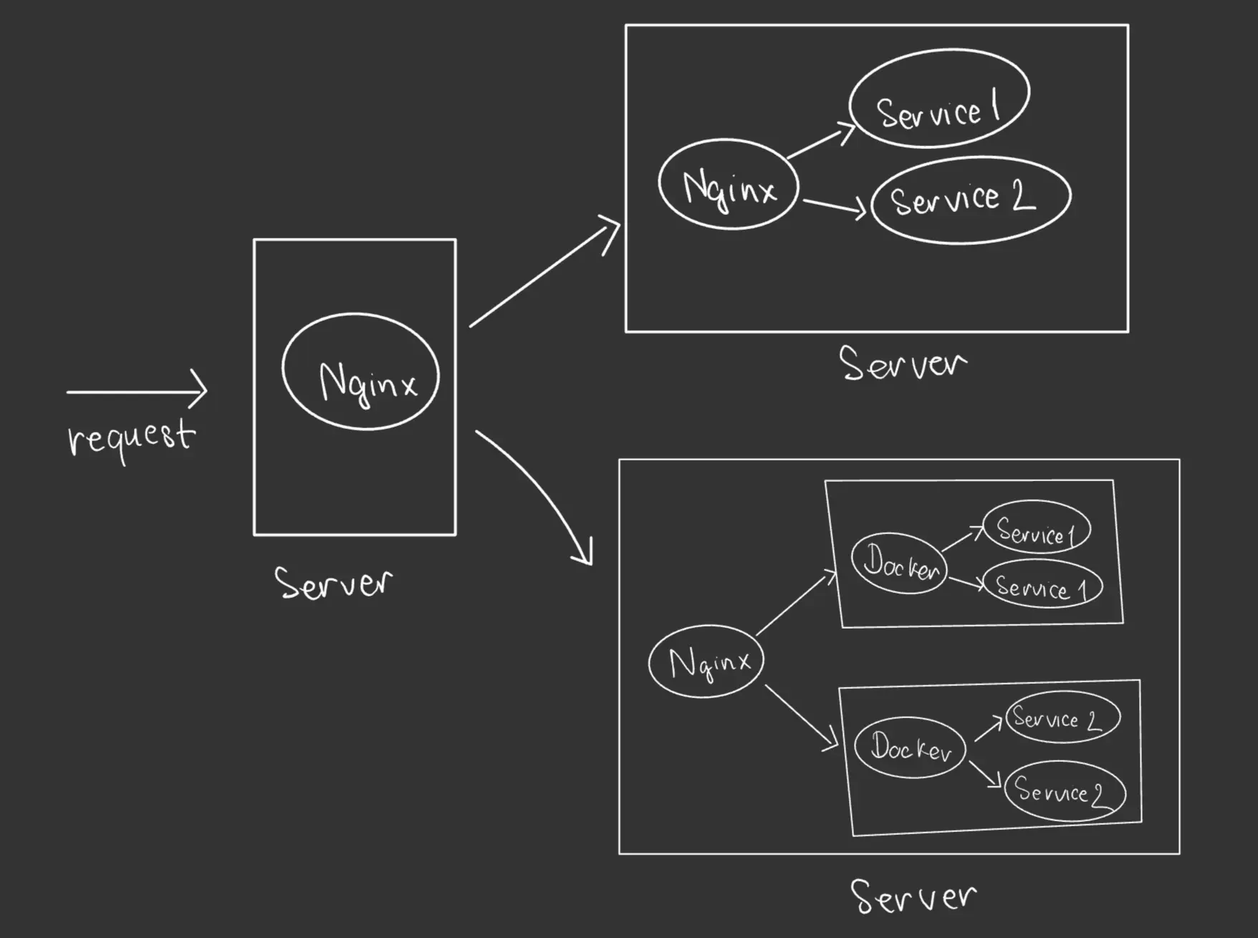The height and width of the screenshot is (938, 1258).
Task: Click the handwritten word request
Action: tap(130, 437)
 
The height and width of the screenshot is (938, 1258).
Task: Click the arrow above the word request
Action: tap(136, 391)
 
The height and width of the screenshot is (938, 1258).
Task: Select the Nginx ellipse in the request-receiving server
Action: tap(360, 371)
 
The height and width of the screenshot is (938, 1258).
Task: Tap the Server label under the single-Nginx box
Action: tap(334, 583)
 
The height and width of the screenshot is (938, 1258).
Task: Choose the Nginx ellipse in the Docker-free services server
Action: tap(729, 185)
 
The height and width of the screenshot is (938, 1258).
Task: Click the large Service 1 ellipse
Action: tap(938, 99)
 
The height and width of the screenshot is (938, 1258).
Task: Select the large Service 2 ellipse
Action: tap(971, 200)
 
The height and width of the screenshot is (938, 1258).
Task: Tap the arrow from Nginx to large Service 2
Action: tap(834, 206)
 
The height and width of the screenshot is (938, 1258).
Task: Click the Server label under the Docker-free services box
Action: tap(903, 364)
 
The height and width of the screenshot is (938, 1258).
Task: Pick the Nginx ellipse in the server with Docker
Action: tap(706, 661)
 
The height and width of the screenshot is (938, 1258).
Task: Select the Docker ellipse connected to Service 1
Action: tap(899, 564)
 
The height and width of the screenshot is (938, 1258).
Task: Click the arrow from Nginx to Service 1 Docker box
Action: tap(796, 602)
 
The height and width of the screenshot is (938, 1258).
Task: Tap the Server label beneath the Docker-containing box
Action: tap(913, 896)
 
